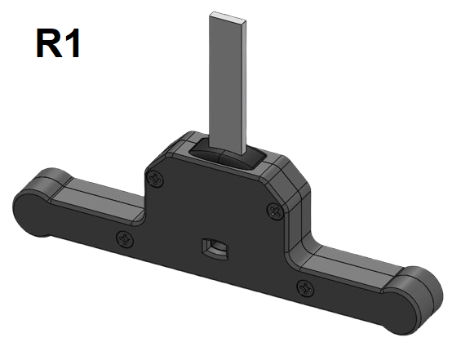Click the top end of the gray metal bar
tap(229, 16)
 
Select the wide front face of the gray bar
tap(224, 82)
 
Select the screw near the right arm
tap(305, 287)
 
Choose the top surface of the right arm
tap(359, 261)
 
